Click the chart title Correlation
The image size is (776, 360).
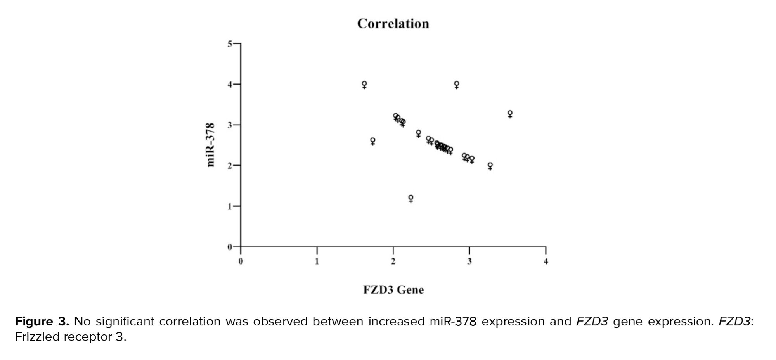(x=393, y=24)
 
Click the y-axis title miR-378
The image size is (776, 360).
(x=211, y=145)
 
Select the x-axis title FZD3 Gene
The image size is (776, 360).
(x=393, y=290)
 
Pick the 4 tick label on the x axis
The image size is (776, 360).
(x=546, y=261)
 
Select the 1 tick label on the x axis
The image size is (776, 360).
(x=317, y=261)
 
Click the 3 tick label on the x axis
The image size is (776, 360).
(x=469, y=261)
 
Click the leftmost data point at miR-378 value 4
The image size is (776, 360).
(x=364, y=84)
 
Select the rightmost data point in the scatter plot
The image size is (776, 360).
(x=510, y=114)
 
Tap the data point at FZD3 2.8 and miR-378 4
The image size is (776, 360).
(x=457, y=84)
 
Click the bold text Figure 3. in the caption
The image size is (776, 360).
(x=42, y=322)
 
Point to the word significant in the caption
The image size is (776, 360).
(x=125, y=322)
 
